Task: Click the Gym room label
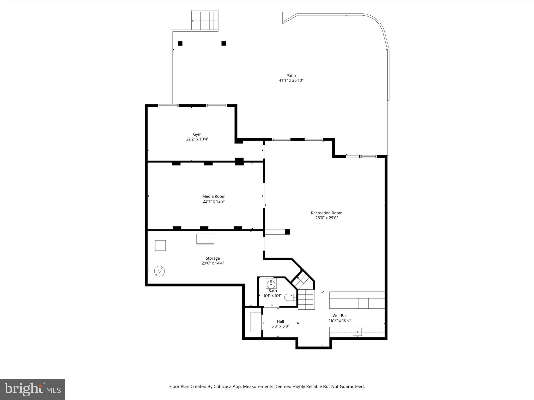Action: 197,134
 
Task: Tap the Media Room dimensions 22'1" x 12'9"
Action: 214,201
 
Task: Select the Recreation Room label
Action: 326,213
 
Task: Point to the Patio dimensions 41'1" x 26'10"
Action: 291,80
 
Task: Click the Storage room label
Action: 213,258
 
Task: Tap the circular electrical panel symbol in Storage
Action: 159,271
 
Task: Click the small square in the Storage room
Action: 160,245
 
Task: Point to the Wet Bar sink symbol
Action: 357,332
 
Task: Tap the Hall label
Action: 280,321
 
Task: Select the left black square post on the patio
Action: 180,43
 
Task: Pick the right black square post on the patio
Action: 224,43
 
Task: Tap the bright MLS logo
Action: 33,389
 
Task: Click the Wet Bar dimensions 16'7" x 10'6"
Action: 340,321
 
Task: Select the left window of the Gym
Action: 168,105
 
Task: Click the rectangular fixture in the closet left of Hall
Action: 256,322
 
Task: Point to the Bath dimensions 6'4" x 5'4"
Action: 272,296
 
